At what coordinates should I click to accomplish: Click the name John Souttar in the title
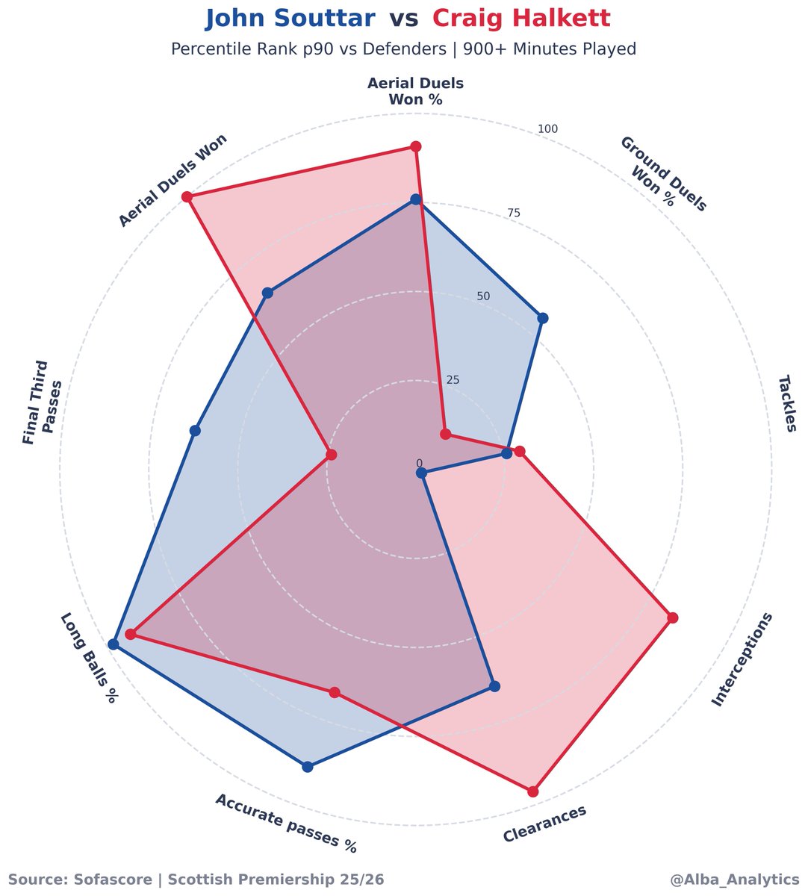coord(290,19)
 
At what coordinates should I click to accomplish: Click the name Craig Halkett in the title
coord(520,19)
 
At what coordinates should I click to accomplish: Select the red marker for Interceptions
coord(672,617)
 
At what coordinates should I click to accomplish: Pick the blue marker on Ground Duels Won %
coord(543,318)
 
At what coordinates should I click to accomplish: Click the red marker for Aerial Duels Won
coord(188,196)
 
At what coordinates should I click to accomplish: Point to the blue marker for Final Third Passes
coord(195,431)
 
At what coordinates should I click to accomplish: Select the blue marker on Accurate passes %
coord(308,767)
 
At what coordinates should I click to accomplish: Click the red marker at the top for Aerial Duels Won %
coord(416,146)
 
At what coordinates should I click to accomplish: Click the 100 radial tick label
coord(547,130)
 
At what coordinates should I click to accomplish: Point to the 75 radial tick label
coord(513,214)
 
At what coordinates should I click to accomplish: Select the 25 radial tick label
coord(453,380)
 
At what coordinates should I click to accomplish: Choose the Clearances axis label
coord(544,824)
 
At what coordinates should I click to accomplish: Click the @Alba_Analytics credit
coord(734,880)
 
